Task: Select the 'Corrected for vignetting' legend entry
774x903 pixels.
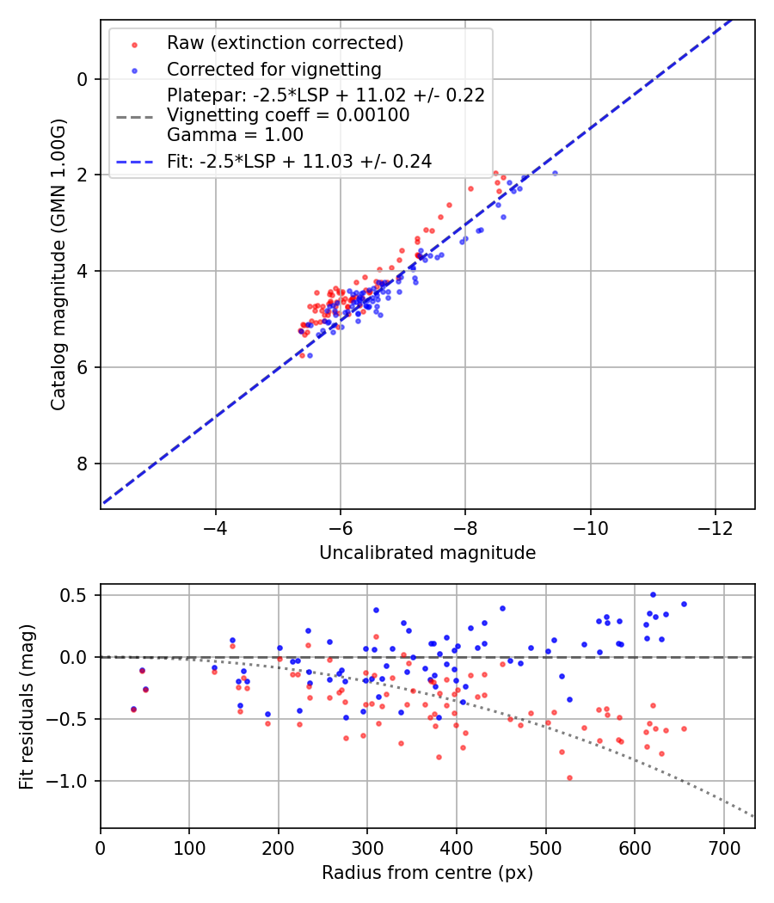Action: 273,69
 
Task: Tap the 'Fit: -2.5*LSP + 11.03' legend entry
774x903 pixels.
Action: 299,161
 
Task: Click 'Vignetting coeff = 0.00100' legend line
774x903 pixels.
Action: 288,115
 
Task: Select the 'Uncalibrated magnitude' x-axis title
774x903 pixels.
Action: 427,553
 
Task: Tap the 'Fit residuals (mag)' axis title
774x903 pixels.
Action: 27,705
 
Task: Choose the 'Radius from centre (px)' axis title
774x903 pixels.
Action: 427,873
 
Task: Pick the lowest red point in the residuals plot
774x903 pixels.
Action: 569,777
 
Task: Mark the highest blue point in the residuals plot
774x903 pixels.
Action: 653,594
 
